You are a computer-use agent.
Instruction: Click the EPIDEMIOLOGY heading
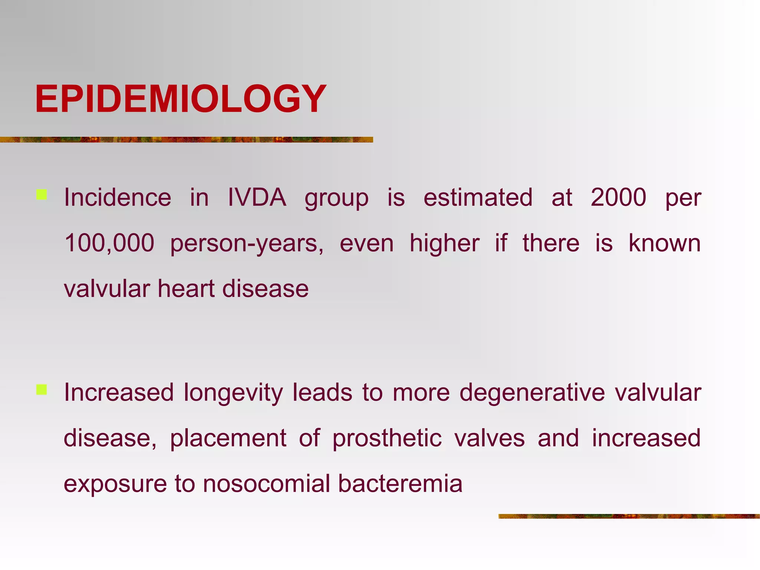point(181,99)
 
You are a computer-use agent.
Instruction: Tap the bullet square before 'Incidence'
point(42,195)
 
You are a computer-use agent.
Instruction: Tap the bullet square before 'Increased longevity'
point(42,390)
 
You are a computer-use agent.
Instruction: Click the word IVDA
point(257,197)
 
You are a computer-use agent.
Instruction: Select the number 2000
point(618,197)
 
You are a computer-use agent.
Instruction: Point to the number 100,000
point(109,243)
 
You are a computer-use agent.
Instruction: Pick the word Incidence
point(118,197)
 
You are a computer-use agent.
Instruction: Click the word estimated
point(478,197)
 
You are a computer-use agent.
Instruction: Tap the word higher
point(445,244)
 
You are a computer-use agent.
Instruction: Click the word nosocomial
point(267,484)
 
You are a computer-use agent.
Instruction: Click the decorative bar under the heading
point(186,140)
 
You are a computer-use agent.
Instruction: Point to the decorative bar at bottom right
point(629,516)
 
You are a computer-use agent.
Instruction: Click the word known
point(665,243)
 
